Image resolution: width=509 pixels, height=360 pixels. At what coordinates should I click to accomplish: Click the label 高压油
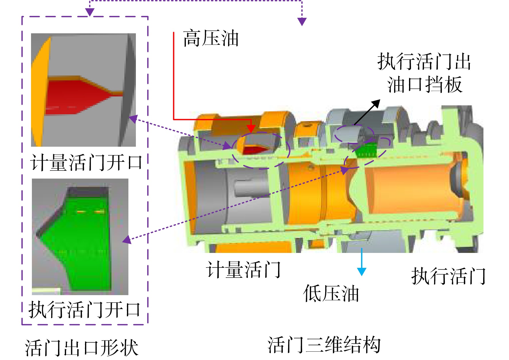click(211, 38)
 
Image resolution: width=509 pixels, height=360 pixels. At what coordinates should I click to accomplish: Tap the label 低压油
click(331, 293)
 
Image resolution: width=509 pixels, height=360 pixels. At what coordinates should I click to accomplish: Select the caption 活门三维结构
click(324, 344)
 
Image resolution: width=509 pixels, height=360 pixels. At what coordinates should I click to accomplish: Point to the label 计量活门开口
click(86, 162)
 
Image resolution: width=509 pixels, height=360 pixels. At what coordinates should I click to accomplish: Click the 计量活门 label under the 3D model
click(243, 270)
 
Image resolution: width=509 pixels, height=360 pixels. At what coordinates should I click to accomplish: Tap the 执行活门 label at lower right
click(448, 276)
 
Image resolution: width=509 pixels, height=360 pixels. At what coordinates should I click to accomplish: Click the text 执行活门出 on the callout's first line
click(424, 61)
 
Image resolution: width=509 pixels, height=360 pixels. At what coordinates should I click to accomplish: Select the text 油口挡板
click(425, 84)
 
